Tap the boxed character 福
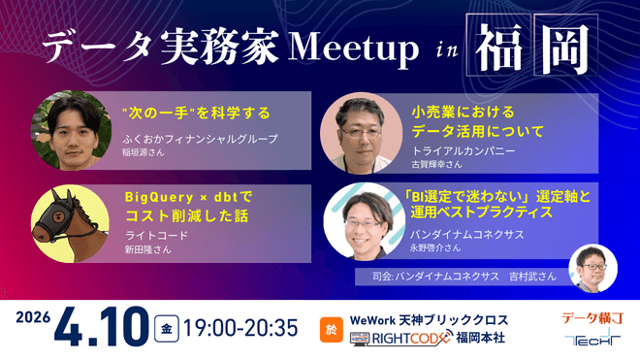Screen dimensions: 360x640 tap(497, 45)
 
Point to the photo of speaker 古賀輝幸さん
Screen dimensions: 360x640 tap(356, 132)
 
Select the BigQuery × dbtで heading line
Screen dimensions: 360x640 tap(188, 196)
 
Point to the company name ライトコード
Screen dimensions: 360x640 tap(155, 236)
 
